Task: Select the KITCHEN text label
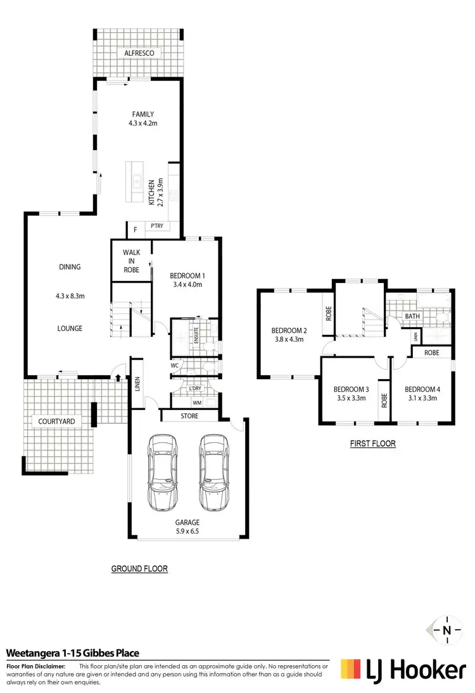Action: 151,192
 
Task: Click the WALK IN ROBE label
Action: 131,259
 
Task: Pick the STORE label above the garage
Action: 189,416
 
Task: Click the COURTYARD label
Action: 54,420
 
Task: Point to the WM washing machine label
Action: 196,402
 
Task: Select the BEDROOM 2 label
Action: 289,330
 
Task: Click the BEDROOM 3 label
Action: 351,389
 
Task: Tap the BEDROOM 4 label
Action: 421,389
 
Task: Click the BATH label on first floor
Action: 412,315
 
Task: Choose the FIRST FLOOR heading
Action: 372,444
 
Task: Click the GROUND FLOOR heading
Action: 139,568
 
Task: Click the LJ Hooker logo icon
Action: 353,668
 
